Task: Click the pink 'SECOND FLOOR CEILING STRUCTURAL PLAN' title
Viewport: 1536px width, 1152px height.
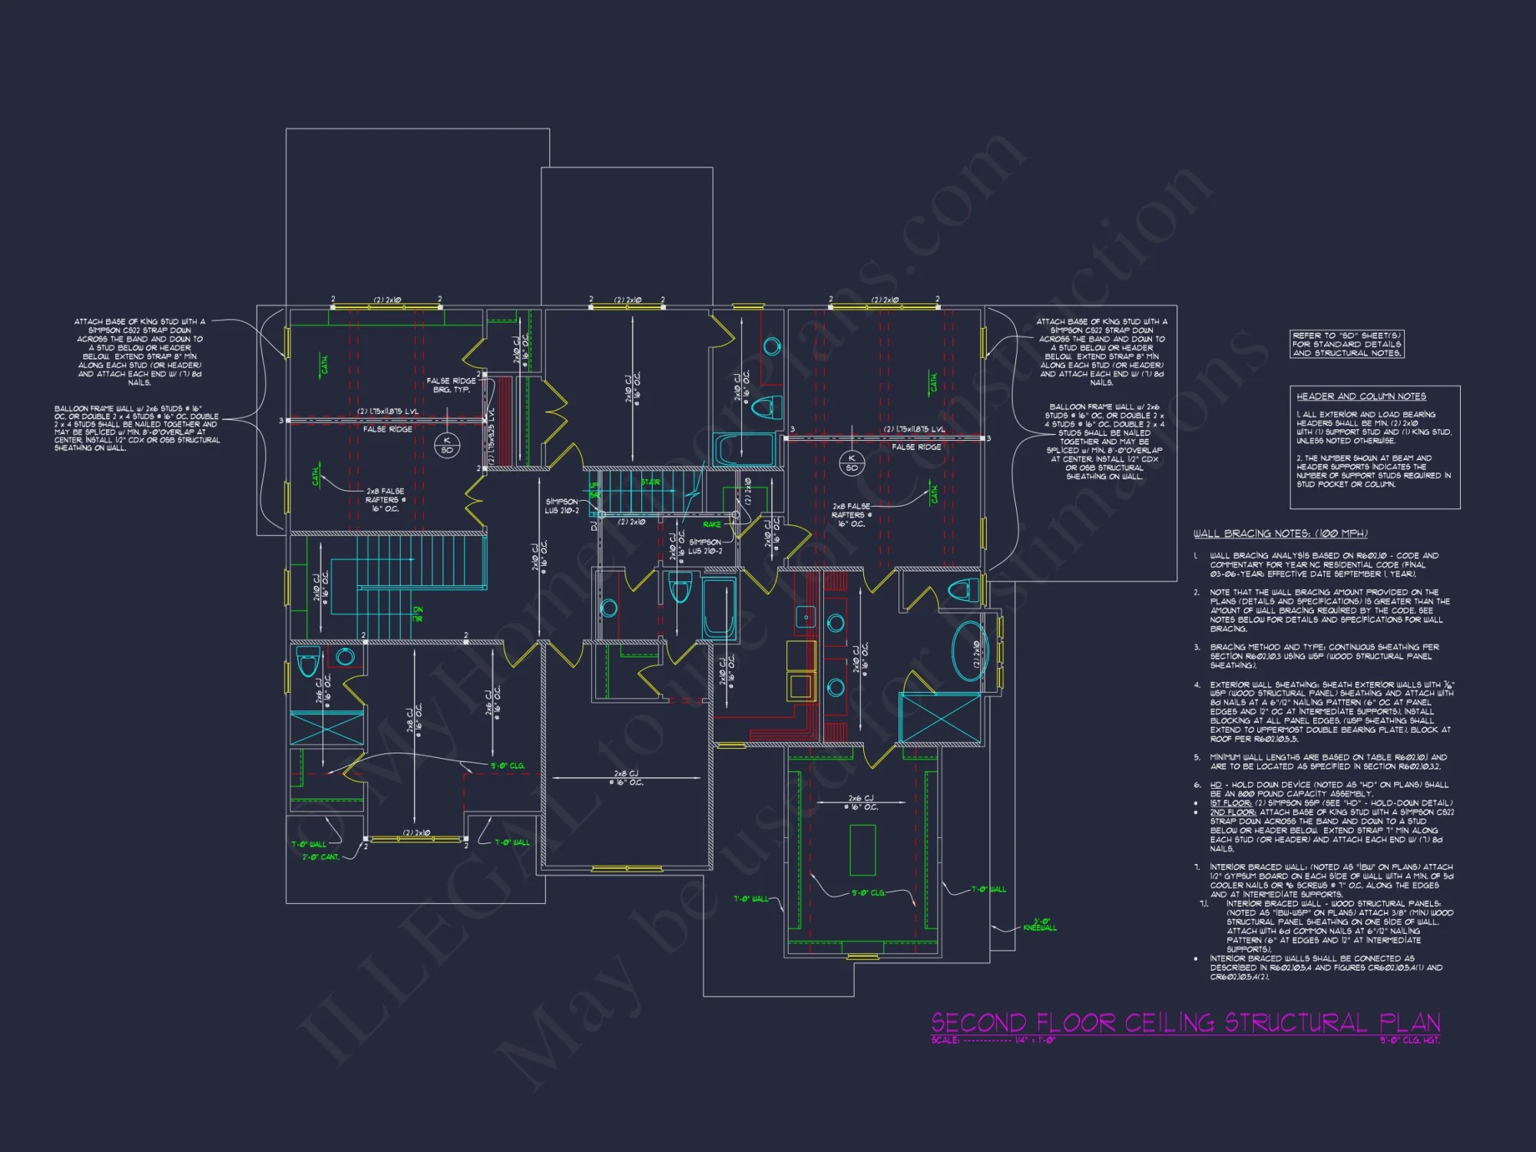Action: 1185,1023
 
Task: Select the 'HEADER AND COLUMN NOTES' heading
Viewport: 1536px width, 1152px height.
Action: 1361,396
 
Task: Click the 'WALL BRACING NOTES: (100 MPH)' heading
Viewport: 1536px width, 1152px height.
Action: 1280,533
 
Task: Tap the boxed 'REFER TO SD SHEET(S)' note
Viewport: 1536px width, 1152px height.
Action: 1347,344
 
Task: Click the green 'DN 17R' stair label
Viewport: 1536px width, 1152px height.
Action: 417,614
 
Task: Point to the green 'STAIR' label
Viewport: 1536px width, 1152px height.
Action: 650,482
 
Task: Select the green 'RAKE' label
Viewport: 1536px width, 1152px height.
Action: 712,525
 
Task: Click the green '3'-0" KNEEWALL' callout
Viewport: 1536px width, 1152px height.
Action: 1040,925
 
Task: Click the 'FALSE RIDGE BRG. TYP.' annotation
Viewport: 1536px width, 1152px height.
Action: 452,385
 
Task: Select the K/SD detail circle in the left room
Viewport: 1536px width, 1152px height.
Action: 447,445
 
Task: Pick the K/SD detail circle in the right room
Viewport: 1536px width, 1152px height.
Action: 852,463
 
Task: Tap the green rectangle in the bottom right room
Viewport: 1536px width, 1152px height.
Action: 863,849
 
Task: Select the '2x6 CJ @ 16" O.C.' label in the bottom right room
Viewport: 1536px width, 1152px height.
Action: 860,803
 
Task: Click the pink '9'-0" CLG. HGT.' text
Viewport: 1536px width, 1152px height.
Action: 1409,1041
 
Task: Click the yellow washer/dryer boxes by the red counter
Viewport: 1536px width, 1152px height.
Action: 800,671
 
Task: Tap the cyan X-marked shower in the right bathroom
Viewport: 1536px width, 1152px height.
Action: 939,718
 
